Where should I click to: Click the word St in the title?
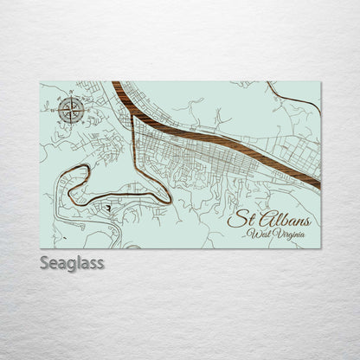tap(236, 220)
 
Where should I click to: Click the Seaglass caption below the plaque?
tap(72, 262)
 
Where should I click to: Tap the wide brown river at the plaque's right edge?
tap(317, 183)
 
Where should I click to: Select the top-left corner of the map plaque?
tap(41, 82)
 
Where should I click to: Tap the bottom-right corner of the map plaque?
tap(320, 247)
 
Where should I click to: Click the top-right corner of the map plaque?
tap(320, 82)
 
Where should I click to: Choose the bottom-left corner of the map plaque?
tap(41, 247)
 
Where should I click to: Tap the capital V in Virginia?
tap(277, 235)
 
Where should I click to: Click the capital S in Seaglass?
tap(44, 261)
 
